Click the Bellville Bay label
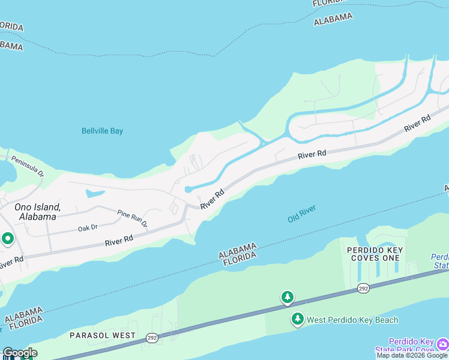[102, 131]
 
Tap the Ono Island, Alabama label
[38, 212]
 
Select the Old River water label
[301, 213]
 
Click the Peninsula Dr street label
[28, 166]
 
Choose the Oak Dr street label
[87, 229]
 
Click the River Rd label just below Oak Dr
[118, 241]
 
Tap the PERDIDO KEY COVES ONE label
[373, 253]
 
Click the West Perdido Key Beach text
[352, 320]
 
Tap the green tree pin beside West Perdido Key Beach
[297, 319]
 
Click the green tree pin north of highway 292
[288, 296]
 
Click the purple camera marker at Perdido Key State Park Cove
[443, 343]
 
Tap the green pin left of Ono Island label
[7, 239]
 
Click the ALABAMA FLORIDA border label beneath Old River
[238, 254]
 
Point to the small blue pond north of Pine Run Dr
[95, 193]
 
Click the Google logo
[20, 353]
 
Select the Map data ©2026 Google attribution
[412, 355]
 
